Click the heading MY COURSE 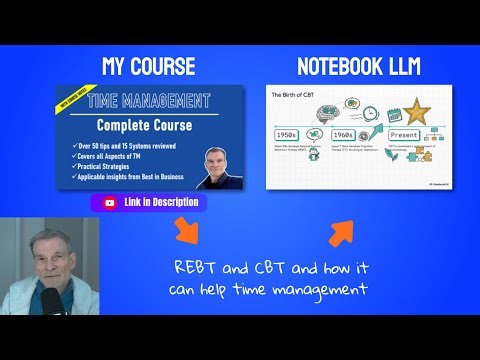point(148,68)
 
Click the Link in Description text point(160,202)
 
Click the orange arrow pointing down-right point(186,237)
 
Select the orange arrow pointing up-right point(341,233)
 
